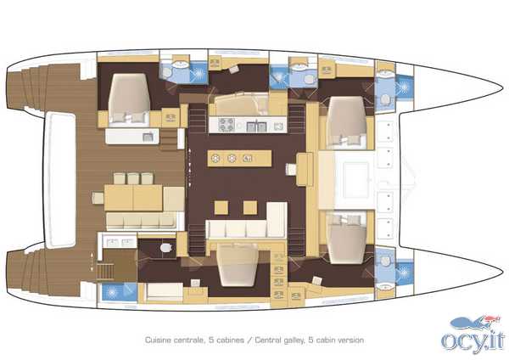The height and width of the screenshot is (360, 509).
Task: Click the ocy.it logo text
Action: click(473, 341)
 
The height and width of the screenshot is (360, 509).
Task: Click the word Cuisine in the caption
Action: click(158, 340)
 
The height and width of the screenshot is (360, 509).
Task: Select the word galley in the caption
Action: click(294, 340)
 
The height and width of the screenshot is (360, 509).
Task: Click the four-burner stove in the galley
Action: click(227, 125)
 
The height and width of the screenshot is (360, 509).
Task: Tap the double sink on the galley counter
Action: click(256, 126)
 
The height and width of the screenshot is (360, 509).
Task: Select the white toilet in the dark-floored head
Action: click(166, 248)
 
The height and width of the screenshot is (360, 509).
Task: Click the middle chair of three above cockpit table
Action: click(133, 178)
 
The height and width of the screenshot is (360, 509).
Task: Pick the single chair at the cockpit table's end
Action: click(98, 198)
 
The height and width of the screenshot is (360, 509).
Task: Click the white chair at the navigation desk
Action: click(291, 169)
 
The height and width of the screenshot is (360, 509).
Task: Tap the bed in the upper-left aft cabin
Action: click(129, 98)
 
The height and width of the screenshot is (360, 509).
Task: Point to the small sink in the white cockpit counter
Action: click(148, 137)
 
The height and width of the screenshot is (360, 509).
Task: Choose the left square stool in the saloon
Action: click(221, 208)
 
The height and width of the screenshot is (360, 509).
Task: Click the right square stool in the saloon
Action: click(250, 208)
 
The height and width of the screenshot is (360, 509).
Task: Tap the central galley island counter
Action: click(239, 159)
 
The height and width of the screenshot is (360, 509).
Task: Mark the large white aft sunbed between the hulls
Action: click(59, 180)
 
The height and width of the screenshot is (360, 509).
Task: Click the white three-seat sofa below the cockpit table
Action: click(141, 221)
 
